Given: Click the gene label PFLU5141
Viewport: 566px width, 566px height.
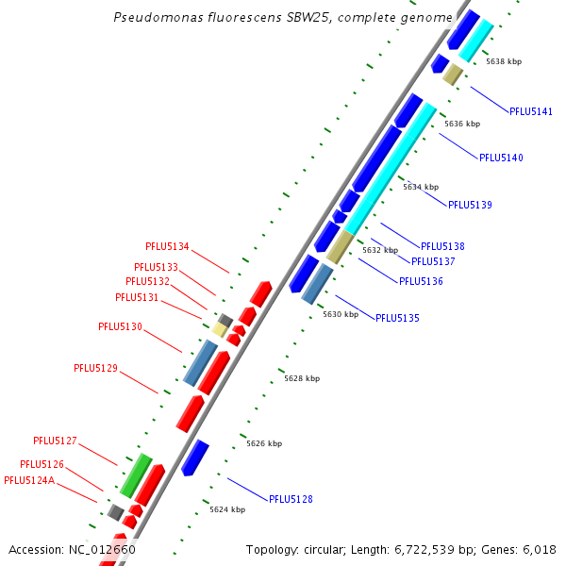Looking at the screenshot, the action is pos(531,111).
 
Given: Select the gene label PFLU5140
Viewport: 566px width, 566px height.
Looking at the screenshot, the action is pos(501,158).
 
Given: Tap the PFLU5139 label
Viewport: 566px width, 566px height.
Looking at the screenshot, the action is pos(470,205).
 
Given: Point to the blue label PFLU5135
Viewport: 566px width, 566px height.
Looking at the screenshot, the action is pos(397,318).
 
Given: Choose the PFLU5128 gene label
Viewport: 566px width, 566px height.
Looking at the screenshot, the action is pos(291,499).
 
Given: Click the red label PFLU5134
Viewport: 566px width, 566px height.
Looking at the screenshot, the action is pos(167,247).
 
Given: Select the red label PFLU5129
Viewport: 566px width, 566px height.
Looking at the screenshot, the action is pos(95,368).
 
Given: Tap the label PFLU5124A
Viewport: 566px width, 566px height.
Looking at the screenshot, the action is pos(29,480).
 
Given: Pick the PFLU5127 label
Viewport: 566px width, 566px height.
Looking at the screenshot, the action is pos(55,441).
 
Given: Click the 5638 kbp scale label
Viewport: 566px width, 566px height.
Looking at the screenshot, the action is pos(504,61).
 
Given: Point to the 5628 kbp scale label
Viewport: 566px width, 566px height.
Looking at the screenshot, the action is pos(302,378).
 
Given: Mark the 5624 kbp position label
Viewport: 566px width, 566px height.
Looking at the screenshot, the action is pos(227,509).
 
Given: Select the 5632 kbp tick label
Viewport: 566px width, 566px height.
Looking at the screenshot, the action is pos(380,250).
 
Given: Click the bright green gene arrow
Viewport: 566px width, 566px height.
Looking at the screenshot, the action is pos(136,474).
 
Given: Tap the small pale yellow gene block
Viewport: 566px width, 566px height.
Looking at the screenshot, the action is pos(219,329).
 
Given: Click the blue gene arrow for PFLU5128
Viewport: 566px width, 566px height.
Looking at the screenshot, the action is pos(195,458).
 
